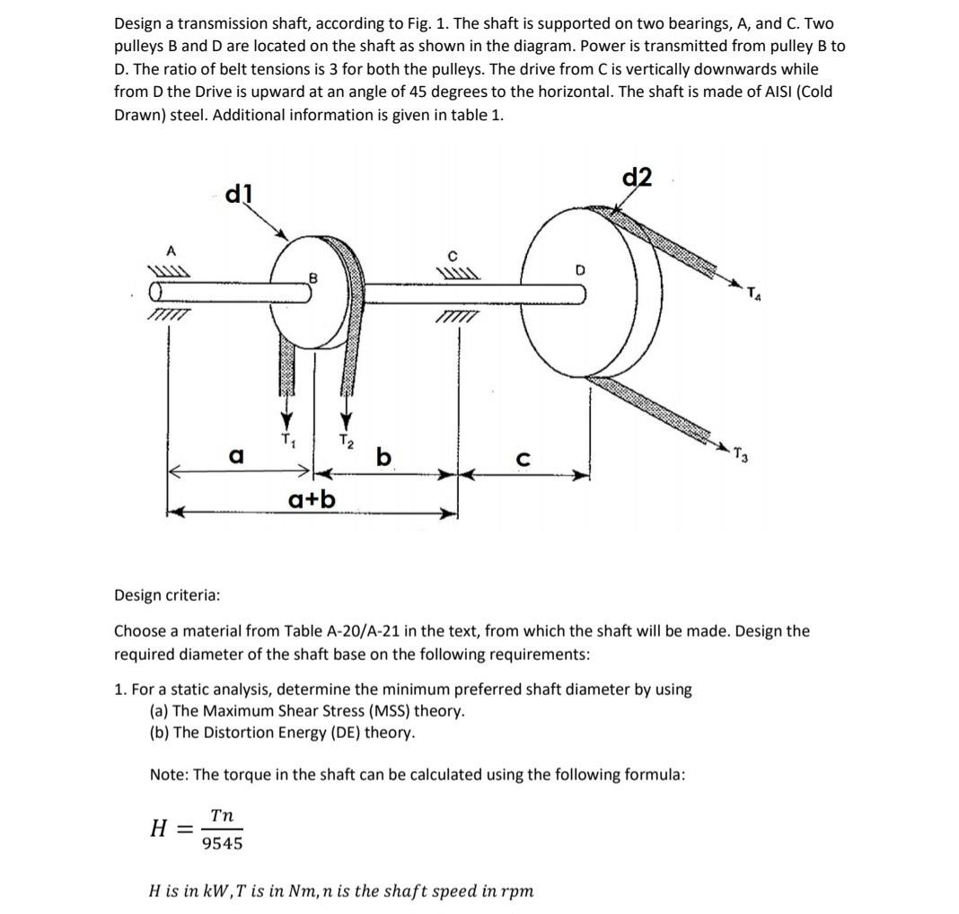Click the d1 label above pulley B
(x=239, y=193)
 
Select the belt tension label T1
(x=287, y=439)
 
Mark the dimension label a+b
(x=312, y=497)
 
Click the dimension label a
(x=236, y=456)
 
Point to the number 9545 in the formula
(x=222, y=843)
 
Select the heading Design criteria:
(x=167, y=595)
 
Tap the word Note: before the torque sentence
(x=169, y=774)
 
